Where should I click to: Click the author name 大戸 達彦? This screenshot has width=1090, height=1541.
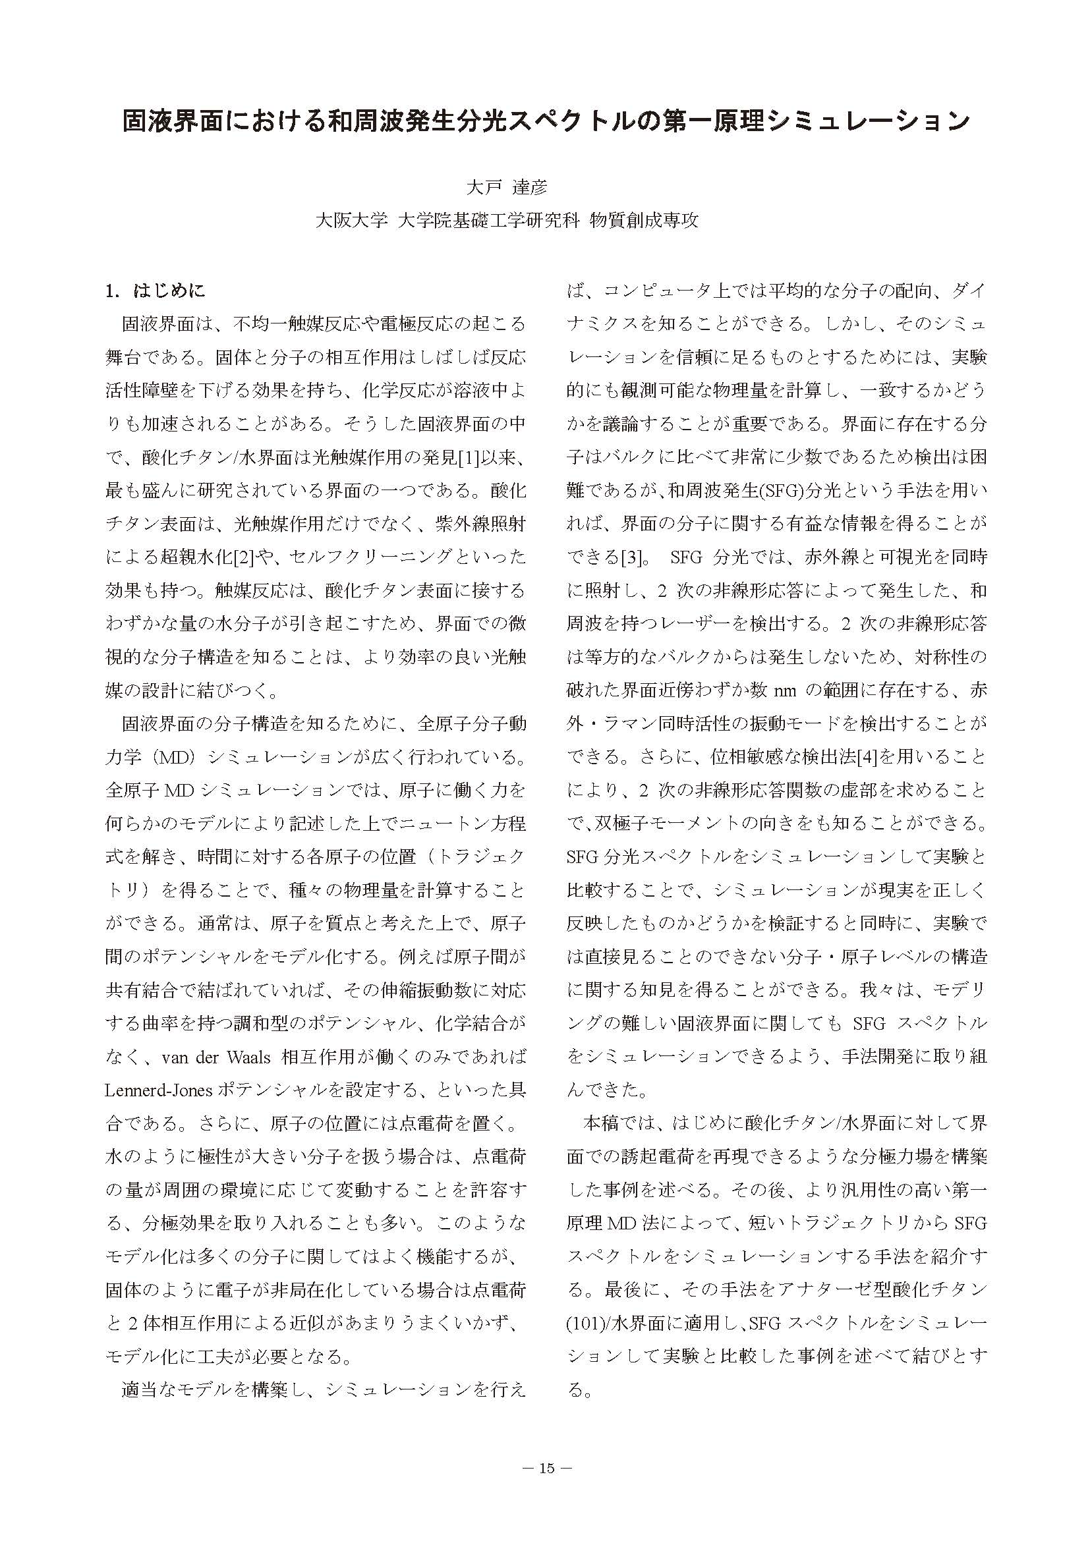coord(507,188)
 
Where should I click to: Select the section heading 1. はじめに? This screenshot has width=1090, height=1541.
coord(155,291)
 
